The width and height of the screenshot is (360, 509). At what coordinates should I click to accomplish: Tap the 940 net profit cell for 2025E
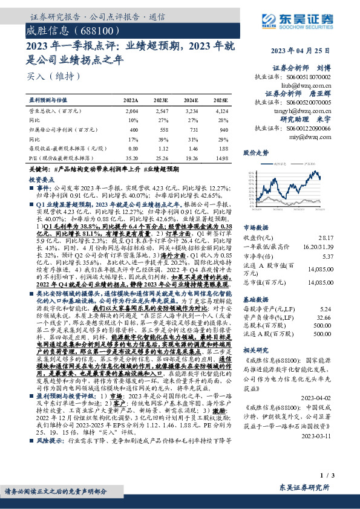223,129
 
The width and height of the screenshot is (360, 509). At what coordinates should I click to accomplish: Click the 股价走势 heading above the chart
255,153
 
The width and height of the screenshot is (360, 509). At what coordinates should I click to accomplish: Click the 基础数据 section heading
256,298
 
